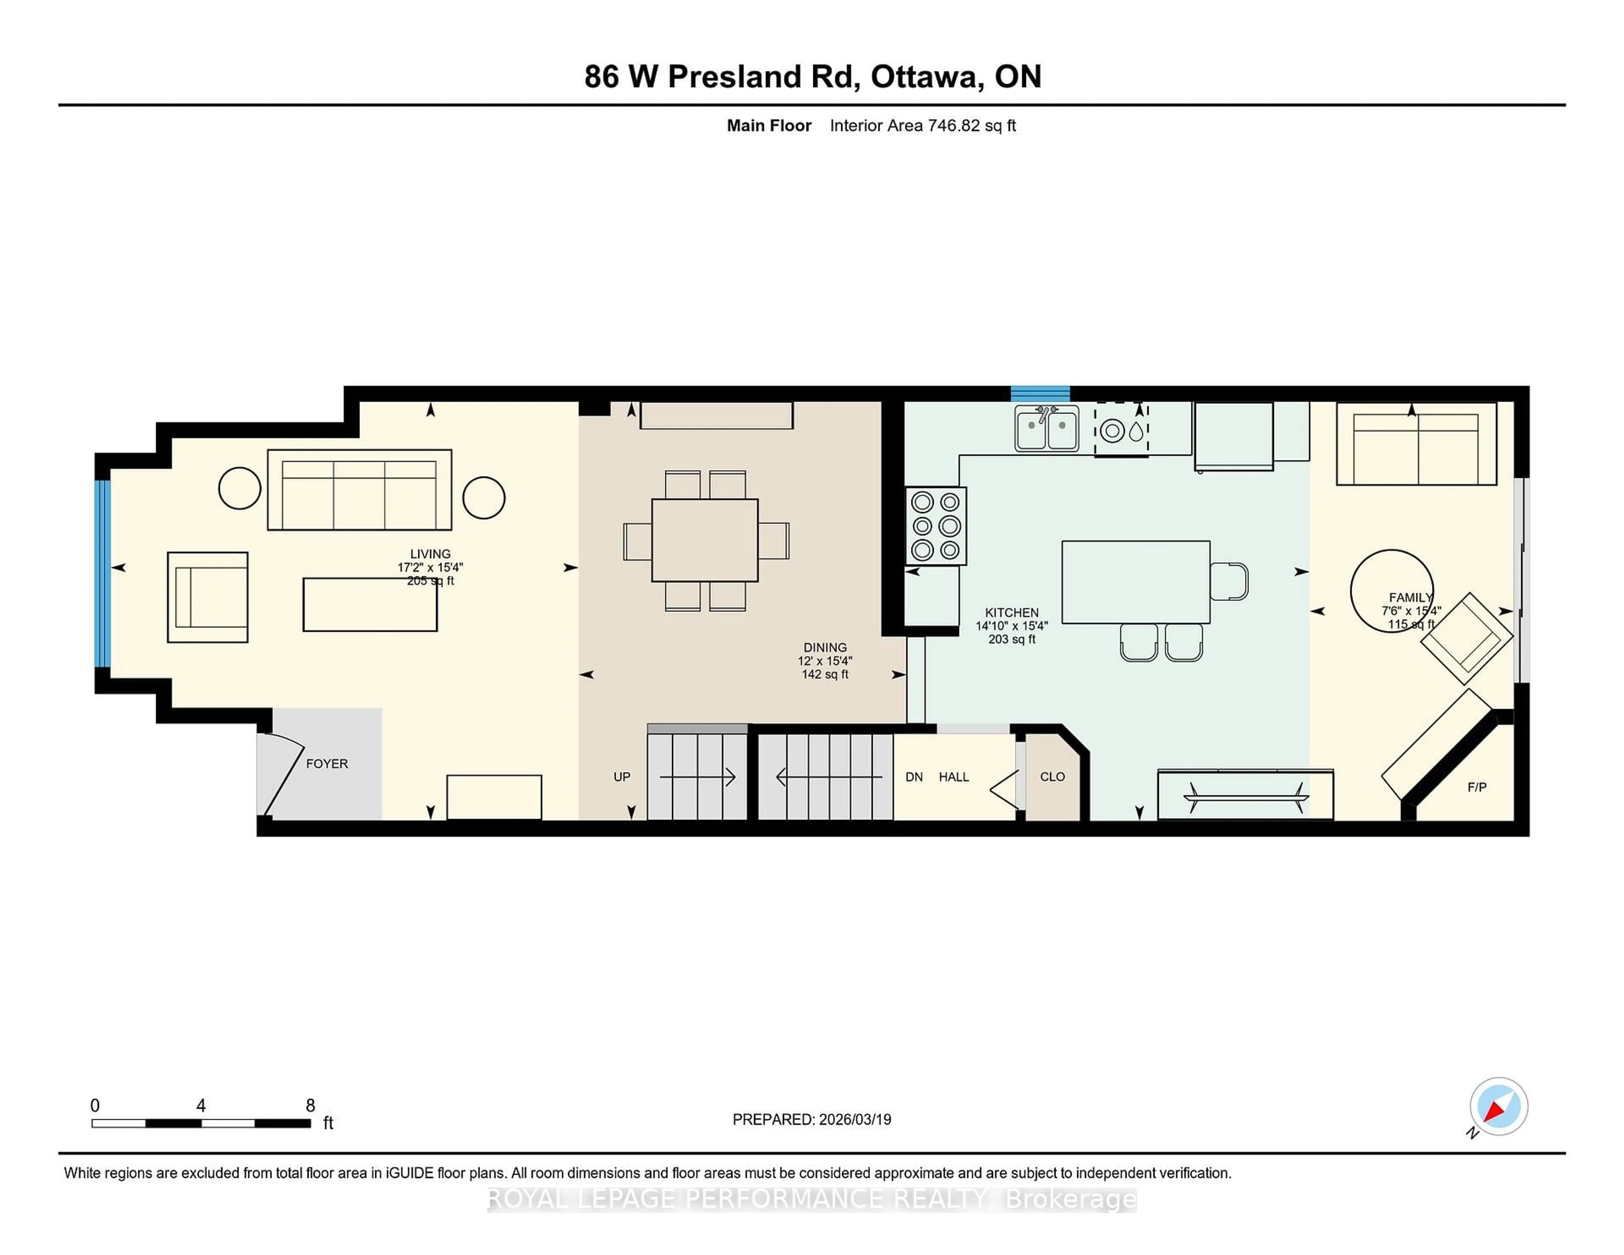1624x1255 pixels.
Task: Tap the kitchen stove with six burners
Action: point(935,526)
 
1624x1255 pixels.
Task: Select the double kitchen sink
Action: point(1046,429)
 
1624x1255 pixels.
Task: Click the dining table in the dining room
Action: point(704,540)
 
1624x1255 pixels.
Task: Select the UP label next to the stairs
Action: point(622,777)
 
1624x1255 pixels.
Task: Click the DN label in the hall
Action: point(914,777)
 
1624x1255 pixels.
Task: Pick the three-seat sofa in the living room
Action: point(359,490)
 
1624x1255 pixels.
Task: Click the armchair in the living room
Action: point(208,597)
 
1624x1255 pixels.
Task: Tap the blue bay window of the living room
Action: point(103,573)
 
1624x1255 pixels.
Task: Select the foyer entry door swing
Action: point(279,773)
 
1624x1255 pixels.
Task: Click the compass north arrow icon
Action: point(1498,1106)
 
